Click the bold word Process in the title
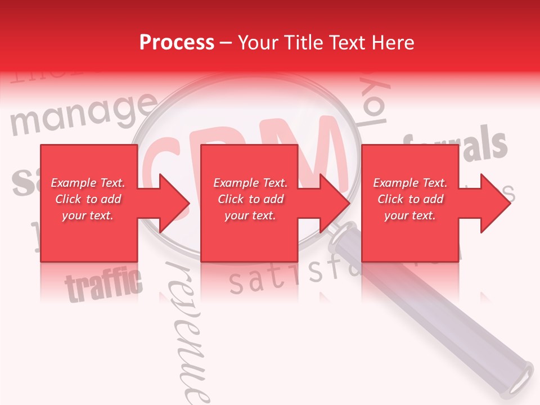tap(177, 43)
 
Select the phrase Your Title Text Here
tap(326, 43)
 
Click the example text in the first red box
tap(88, 199)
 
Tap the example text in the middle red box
tap(250, 199)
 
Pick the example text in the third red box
tap(410, 199)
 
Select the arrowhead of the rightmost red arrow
tap(494, 204)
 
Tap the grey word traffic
tap(103, 285)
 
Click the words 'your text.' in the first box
tap(88, 215)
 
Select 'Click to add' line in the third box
tap(410, 199)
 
